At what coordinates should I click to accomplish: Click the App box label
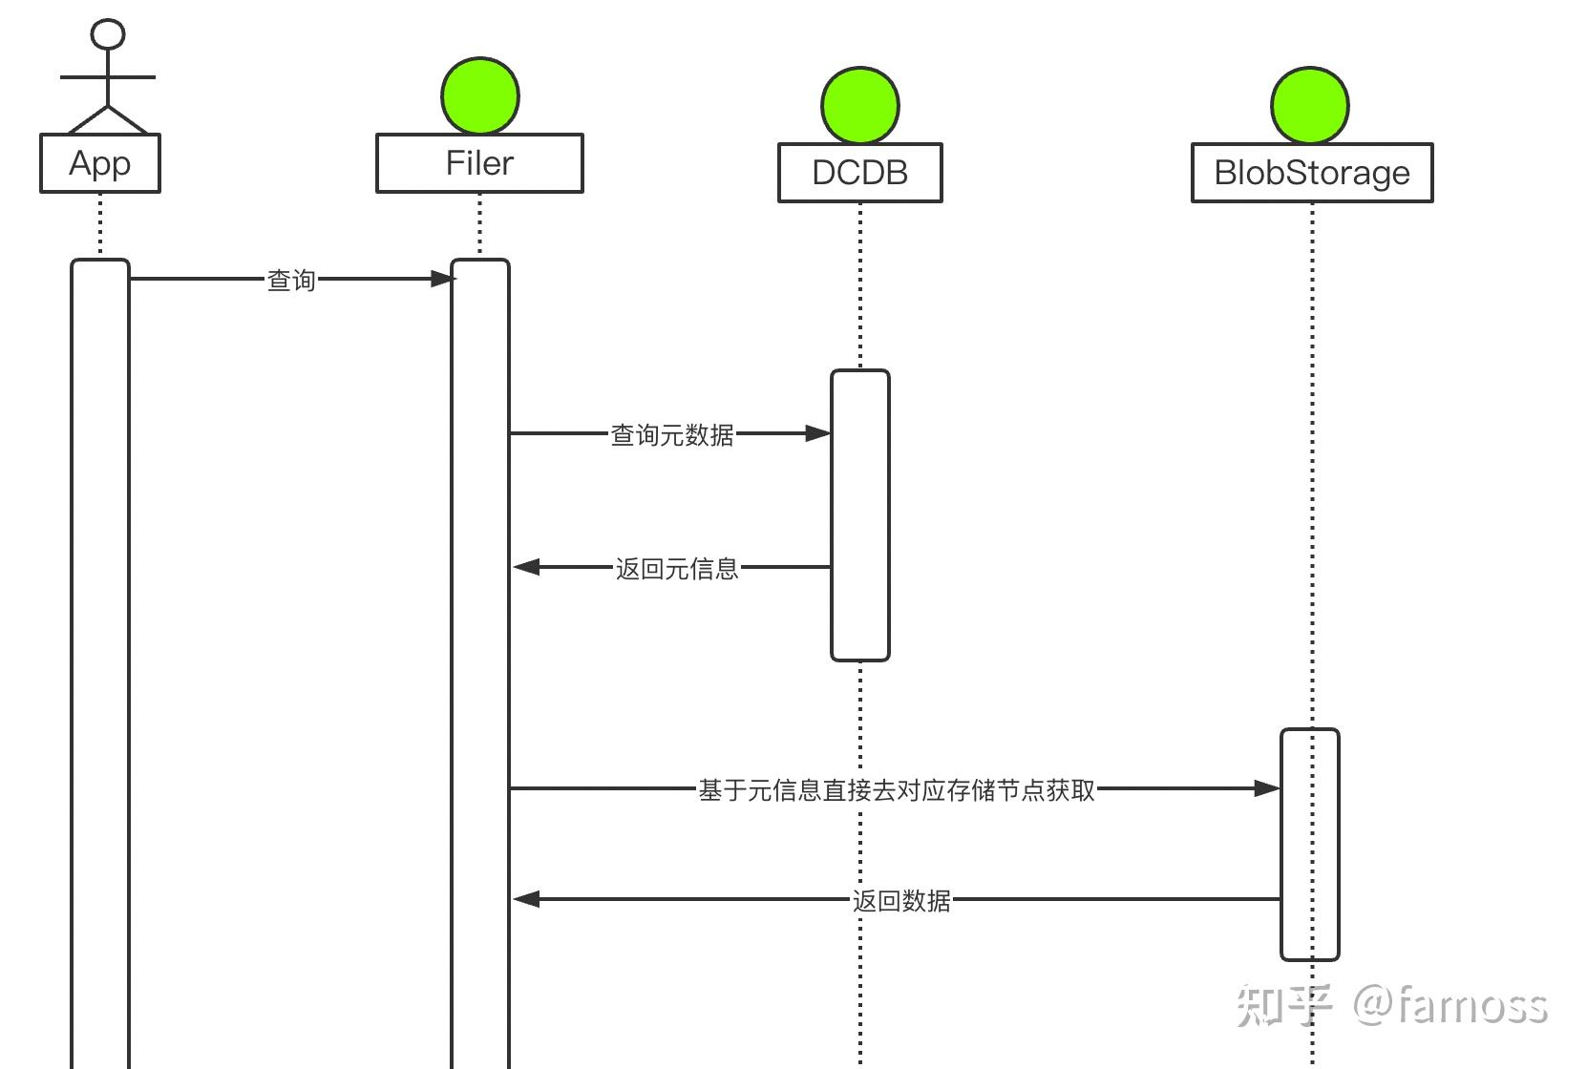pyautogui.click(x=99, y=163)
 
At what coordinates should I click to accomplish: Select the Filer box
pyautogui.click(x=479, y=163)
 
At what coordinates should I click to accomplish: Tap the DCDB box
pyautogui.click(x=859, y=173)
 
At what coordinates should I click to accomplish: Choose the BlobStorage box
pyautogui.click(x=1311, y=173)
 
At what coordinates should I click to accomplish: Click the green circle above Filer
pyautogui.click(x=480, y=95)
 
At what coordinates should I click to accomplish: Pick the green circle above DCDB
pyautogui.click(x=859, y=105)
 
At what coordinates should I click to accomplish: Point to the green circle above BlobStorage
pyautogui.click(x=1309, y=105)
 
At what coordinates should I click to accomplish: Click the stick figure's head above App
pyautogui.click(x=108, y=33)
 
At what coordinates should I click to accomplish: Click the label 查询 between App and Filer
pyautogui.click(x=290, y=280)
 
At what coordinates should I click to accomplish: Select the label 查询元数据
pyautogui.click(x=672, y=434)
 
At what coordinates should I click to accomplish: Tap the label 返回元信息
pyautogui.click(x=677, y=568)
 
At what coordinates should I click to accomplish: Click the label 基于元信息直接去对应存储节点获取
pyautogui.click(x=897, y=789)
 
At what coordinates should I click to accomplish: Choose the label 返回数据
pyautogui.click(x=900, y=899)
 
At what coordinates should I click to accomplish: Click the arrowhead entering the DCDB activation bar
pyautogui.click(x=818, y=433)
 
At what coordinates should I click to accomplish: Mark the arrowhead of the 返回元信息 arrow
pyautogui.click(x=526, y=567)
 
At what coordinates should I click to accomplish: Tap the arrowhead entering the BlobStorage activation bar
pyautogui.click(x=1267, y=788)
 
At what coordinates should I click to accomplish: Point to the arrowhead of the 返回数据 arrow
pyautogui.click(x=526, y=899)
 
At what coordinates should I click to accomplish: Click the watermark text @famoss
pyautogui.click(x=1449, y=1005)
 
